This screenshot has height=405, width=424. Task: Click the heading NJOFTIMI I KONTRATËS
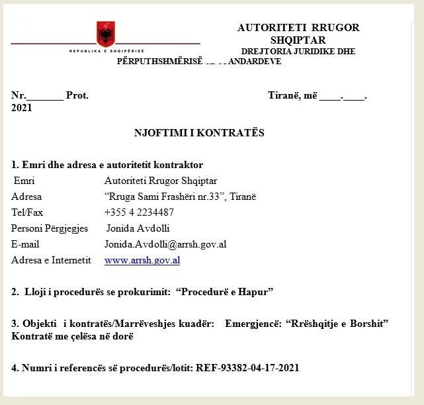click(199, 133)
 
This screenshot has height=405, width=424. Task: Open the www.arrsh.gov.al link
click(142, 261)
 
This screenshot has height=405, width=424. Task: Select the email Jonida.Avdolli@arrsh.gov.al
click(165, 244)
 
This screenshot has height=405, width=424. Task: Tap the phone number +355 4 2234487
click(139, 212)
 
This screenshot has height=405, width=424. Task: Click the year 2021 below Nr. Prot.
click(22, 108)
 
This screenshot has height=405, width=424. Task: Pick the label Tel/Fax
click(27, 212)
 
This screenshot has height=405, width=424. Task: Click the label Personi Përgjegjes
click(50, 228)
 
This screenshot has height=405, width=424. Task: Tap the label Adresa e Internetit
click(51, 260)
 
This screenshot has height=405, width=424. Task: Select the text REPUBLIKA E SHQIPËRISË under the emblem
click(106, 51)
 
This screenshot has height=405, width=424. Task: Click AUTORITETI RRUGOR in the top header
click(298, 28)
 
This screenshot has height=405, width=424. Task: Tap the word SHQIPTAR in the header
click(298, 40)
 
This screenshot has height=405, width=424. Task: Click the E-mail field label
click(26, 244)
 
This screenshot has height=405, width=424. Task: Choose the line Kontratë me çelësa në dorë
click(72, 336)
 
